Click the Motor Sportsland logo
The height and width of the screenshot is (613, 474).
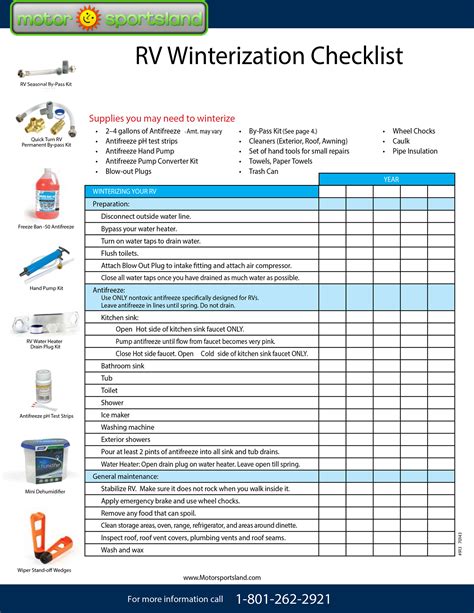pos(104,18)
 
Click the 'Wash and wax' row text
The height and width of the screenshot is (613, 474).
pos(123,549)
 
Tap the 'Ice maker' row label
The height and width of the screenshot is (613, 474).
pos(115,414)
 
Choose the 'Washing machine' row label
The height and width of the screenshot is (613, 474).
pos(128,426)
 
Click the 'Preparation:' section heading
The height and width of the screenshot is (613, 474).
pos(112,203)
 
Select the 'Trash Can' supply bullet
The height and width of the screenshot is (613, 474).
pos(264,171)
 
